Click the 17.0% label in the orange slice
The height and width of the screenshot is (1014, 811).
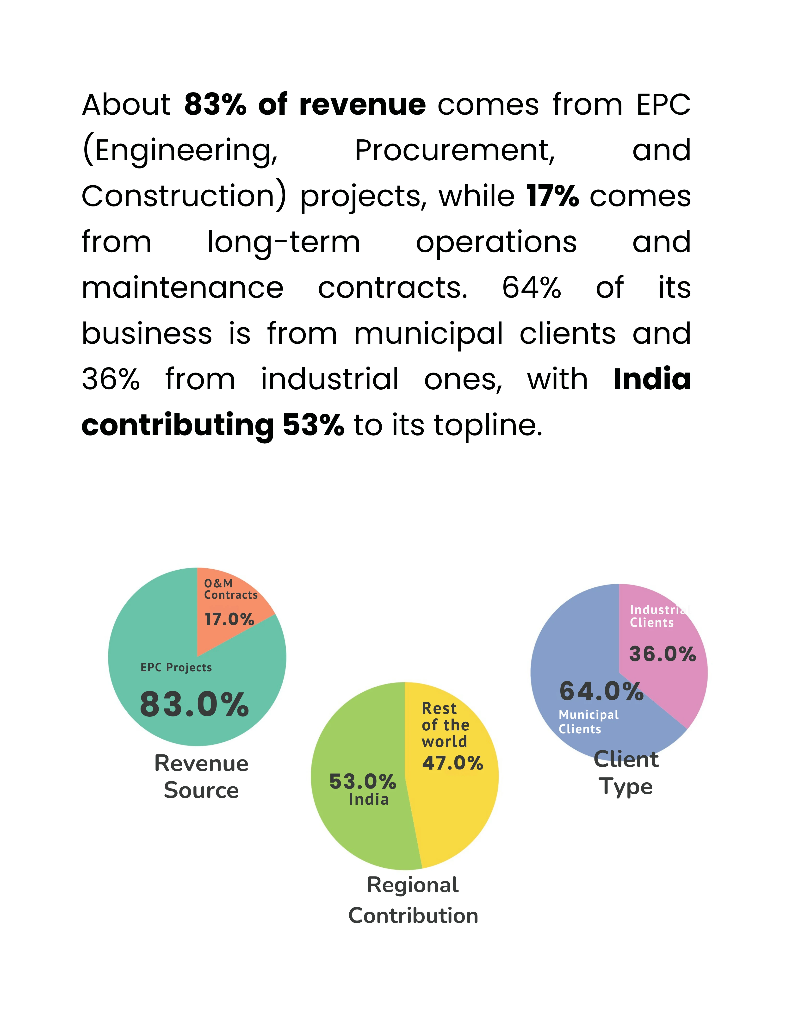click(229, 619)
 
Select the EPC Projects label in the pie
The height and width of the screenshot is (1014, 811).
click(176, 667)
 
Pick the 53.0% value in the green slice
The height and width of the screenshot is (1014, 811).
click(362, 782)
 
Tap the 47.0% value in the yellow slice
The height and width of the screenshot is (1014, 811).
click(452, 762)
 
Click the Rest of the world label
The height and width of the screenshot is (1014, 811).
click(445, 725)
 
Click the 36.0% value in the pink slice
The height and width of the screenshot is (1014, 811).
click(662, 654)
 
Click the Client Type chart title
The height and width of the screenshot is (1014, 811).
click(626, 773)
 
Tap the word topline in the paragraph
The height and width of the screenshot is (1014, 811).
click(488, 426)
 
